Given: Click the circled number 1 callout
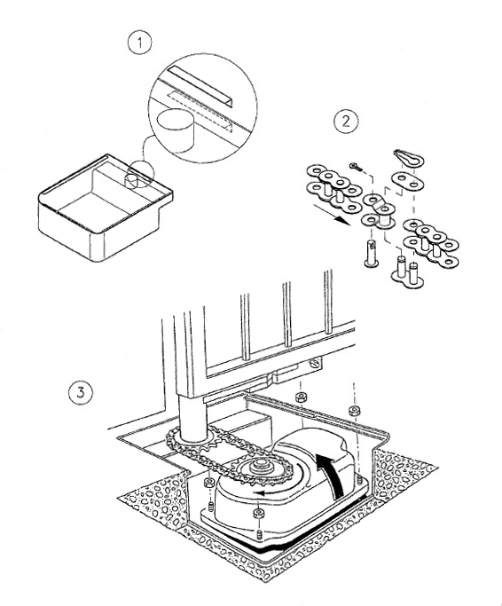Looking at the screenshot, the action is pyautogui.click(x=139, y=43).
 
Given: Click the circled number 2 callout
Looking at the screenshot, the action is pyautogui.click(x=346, y=122).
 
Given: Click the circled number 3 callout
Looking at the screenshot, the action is pyautogui.click(x=81, y=393).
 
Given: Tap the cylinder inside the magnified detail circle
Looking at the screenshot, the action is pyautogui.click(x=175, y=130).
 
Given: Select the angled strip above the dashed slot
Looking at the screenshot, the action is pyautogui.click(x=202, y=86).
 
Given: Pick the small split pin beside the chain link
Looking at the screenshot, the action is pyautogui.click(x=357, y=167).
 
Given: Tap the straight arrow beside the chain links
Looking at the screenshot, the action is pyautogui.click(x=330, y=215).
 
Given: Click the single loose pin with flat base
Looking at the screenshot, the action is pyautogui.click(x=372, y=254).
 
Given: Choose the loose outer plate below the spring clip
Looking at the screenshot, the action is pyautogui.click(x=407, y=182).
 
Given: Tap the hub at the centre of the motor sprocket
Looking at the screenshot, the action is pyautogui.click(x=262, y=466).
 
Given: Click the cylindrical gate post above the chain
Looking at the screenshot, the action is pyautogui.click(x=192, y=417).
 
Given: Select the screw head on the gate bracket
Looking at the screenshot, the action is pyautogui.click(x=315, y=363).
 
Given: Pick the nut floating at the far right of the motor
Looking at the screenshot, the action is pyautogui.click(x=354, y=410).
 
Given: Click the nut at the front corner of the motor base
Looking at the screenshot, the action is pyautogui.click(x=258, y=514).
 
